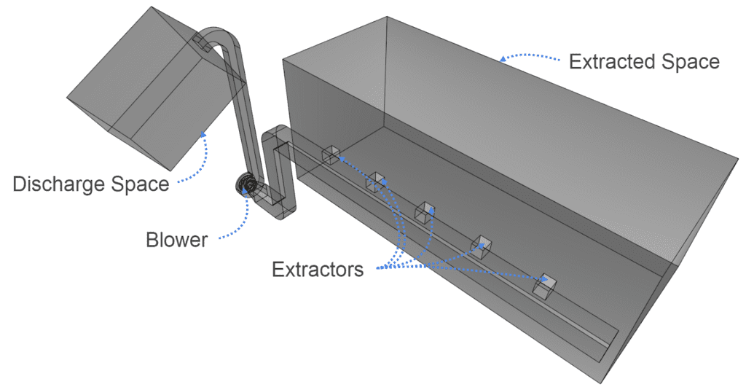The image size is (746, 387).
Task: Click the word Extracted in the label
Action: (x=608, y=61)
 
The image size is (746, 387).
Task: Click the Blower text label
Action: (x=177, y=239)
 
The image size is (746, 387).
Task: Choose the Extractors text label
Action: (x=318, y=270)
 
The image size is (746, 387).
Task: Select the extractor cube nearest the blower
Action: (x=331, y=155)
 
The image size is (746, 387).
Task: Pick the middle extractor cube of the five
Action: (x=424, y=212)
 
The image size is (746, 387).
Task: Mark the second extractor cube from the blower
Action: (x=376, y=181)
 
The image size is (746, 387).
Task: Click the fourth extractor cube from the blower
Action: (x=482, y=246)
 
